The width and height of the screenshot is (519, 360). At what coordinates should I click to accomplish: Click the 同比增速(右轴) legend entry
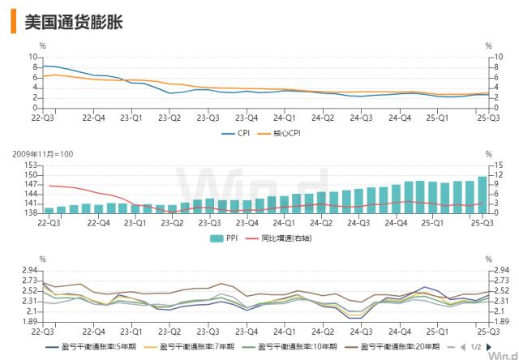pyautogui.click(x=279, y=238)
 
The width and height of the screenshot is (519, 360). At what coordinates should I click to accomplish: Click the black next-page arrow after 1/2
pyautogui.click(x=489, y=346)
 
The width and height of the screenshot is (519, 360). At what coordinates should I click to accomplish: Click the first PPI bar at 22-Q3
pyautogui.click(x=49, y=210)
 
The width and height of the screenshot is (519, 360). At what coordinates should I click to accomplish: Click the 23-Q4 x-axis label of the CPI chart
pyautogui.click(x=246, y=117)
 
